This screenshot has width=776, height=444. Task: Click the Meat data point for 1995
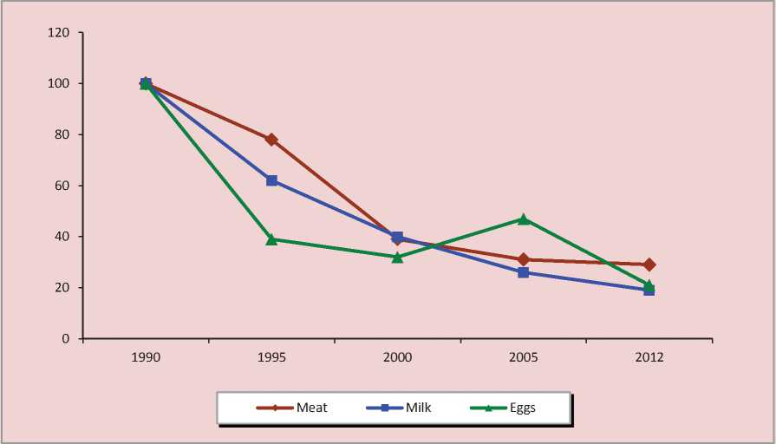coord(271,139)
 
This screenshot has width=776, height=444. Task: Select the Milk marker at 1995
coord(271,180)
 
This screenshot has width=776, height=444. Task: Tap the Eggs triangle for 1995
coord(271,238)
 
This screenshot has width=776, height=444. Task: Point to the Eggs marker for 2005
coord(524,219)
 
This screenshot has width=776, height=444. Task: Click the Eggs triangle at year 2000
coord(397,257)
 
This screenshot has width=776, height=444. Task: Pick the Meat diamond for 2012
coord(649,264)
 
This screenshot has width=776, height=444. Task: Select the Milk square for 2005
coord(524,272)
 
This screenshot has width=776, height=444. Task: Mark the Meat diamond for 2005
coord(524,259)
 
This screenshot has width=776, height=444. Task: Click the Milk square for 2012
coord(649,290)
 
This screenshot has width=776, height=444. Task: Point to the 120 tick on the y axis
coord(59,33)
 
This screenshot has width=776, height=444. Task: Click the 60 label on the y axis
coord(62,186)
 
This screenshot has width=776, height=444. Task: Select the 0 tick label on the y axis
coord(66,338)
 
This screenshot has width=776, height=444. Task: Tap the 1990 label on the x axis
coord(146,356)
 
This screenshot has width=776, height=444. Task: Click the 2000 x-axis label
coord(397,356)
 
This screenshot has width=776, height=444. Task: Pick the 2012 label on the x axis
coord(649,356)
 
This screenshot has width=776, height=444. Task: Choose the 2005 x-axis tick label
coord(524,356)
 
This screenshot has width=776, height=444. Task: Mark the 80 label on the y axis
coord(62,134)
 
